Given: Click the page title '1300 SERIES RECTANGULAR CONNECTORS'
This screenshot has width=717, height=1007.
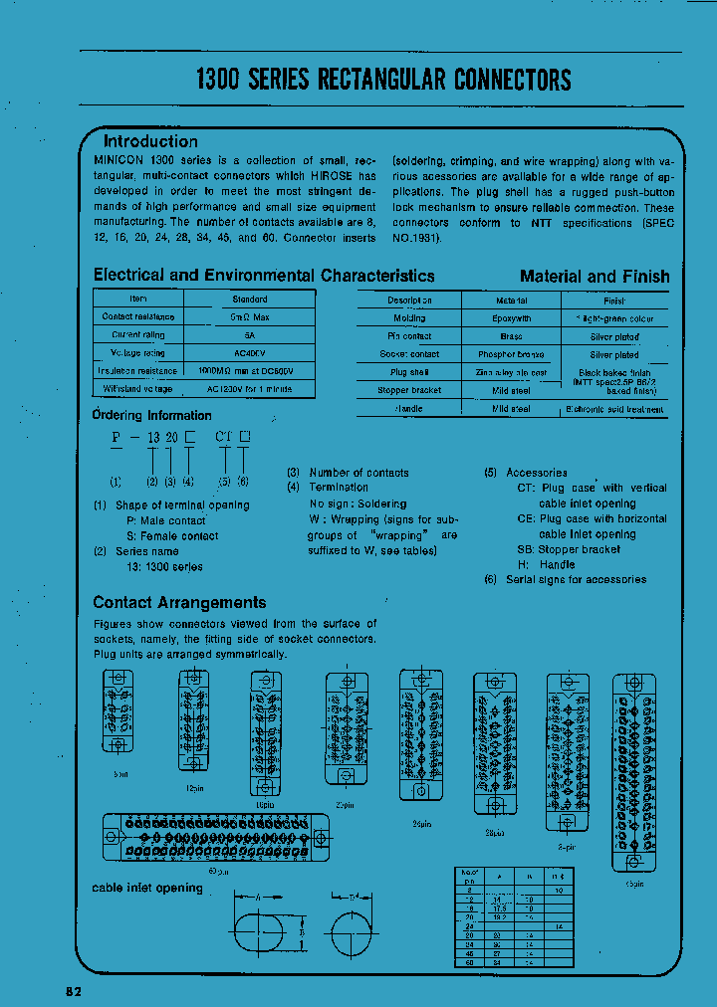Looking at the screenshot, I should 383,80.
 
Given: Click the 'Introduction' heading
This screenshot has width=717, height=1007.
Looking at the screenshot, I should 150,141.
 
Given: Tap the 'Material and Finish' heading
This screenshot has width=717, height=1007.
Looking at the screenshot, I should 595,277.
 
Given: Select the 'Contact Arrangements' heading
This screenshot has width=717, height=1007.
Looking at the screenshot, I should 179,602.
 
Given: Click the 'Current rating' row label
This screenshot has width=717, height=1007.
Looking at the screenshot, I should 137,335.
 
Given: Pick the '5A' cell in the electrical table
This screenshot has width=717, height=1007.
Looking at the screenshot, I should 250,335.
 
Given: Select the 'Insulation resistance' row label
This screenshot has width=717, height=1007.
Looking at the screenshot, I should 137,370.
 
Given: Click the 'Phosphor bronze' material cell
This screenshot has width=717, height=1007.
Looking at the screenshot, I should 511,354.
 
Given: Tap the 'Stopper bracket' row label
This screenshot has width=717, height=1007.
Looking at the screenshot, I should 409,390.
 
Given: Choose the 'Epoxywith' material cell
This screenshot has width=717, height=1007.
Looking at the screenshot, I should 511,318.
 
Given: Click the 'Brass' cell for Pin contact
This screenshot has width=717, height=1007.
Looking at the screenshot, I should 511,336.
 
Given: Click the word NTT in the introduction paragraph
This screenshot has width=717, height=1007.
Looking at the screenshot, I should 541,223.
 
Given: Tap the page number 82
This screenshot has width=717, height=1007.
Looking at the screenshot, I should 75,991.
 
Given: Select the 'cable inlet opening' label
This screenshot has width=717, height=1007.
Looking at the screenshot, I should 147,887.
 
